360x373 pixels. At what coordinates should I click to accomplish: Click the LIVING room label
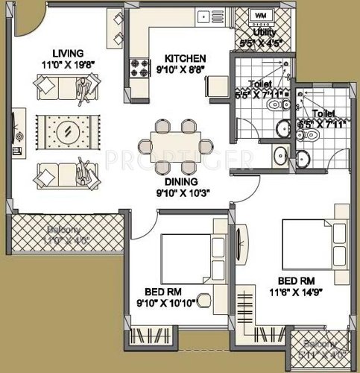point(66,51)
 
